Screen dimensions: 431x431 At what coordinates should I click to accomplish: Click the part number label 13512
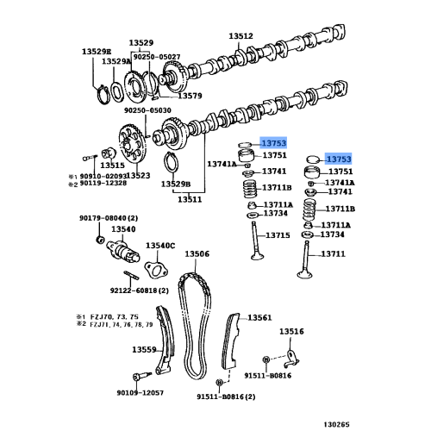coord(240,36)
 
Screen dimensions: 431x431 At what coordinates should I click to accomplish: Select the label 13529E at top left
coord(97,52)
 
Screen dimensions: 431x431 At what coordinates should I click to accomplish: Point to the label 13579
coord(189,96)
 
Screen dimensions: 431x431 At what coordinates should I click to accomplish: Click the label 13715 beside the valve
coord(278,235)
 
